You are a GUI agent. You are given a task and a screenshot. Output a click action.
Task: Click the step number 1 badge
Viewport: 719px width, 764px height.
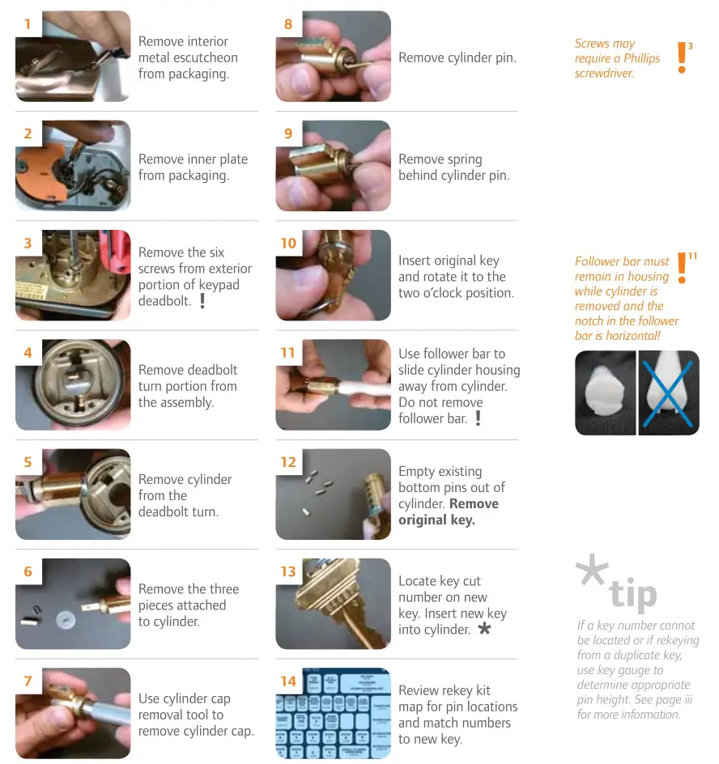[28, 24]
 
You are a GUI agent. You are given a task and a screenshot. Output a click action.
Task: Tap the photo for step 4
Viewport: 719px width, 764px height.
[73, 384]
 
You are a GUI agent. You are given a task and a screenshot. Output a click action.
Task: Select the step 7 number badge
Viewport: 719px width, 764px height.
[28, 681]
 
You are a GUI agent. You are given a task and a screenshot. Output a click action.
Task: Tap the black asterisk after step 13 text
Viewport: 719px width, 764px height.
[484, 629]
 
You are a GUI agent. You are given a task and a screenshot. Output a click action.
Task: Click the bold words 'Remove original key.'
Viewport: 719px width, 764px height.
[449, 511]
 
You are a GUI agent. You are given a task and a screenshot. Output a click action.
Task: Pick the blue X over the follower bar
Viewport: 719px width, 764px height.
[669, 393]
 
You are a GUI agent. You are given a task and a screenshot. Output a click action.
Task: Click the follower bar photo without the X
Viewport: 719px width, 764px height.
[606, 393]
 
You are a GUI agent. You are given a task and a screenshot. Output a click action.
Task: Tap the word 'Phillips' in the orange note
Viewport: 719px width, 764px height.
[642, 58]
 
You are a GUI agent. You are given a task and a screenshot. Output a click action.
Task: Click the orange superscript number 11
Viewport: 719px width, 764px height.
[693, 257]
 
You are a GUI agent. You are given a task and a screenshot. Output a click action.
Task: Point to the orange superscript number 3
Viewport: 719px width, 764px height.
[690, 46]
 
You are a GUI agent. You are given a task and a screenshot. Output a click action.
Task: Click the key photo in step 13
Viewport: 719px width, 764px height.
[333, 604]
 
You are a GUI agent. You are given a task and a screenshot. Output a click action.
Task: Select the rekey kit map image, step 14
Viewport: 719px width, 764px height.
[333, 713]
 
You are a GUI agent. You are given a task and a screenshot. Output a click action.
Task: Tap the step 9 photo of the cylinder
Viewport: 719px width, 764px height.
[333, 166]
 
